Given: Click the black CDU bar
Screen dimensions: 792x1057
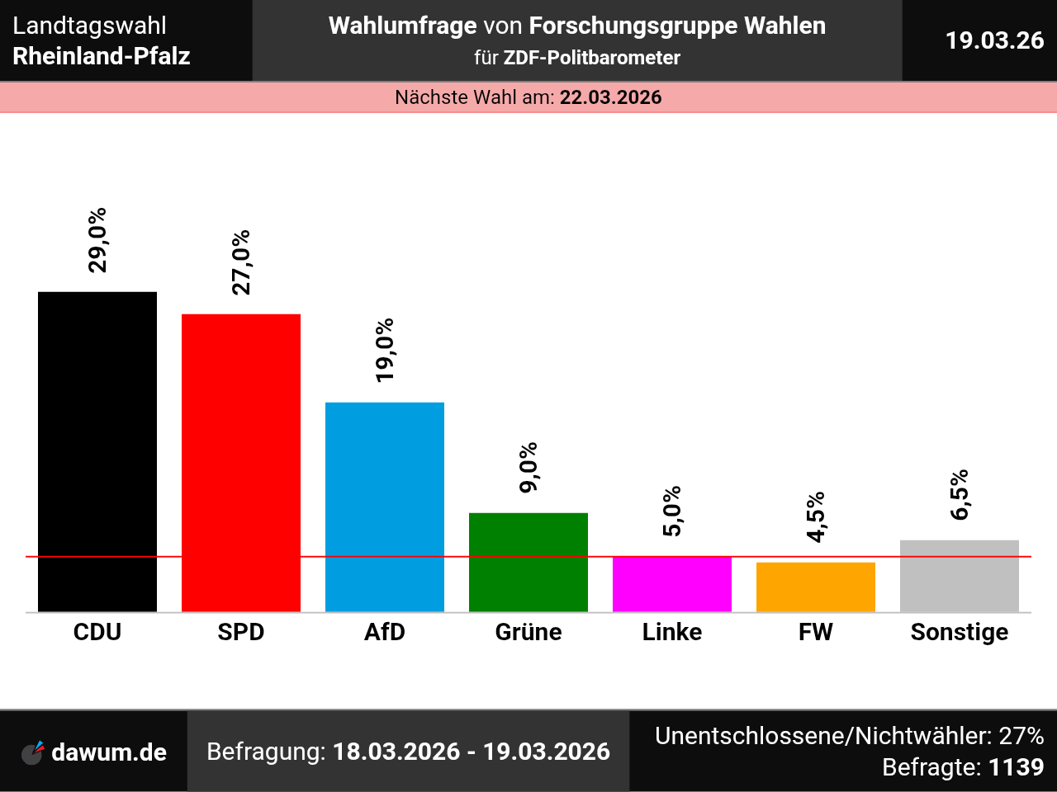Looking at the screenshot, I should tap(97, 451).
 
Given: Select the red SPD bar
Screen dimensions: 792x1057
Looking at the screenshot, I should tap(241, 462).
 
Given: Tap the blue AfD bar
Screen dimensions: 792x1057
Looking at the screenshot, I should tap(385, 507).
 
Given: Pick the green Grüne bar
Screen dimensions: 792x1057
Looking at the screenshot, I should tap(528, 562).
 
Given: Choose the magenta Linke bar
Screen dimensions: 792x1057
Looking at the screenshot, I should tap(672, 584).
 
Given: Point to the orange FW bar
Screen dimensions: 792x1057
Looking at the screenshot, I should tap(816, 587).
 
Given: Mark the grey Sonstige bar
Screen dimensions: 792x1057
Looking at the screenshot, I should tap(960, 576).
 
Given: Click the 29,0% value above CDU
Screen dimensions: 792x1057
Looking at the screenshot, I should tap(97, 240).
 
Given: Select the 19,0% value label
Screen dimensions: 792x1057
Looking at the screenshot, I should tap(385, 350).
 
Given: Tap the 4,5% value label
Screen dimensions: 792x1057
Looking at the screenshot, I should tap(816, 517).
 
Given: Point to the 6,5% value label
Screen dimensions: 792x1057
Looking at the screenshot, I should tap(960, 495).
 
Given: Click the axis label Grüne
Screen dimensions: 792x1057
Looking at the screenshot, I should tap(528, 632).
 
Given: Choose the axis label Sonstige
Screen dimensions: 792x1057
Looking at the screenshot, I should tap(960, 632).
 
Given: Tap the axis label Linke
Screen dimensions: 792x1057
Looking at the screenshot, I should tap(672, 632).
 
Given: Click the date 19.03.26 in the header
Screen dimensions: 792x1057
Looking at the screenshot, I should tap(994, 40).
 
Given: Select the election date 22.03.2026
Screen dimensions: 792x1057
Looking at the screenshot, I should tap(611, 97).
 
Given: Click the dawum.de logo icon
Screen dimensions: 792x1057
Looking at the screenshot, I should tap(33, 752).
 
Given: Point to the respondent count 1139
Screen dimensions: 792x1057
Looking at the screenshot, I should tap(1016, 767).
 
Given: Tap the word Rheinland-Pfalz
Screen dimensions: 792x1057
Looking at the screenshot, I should tap(102, 56).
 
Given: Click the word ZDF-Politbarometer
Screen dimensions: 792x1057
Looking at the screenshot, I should tap(592, 58).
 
